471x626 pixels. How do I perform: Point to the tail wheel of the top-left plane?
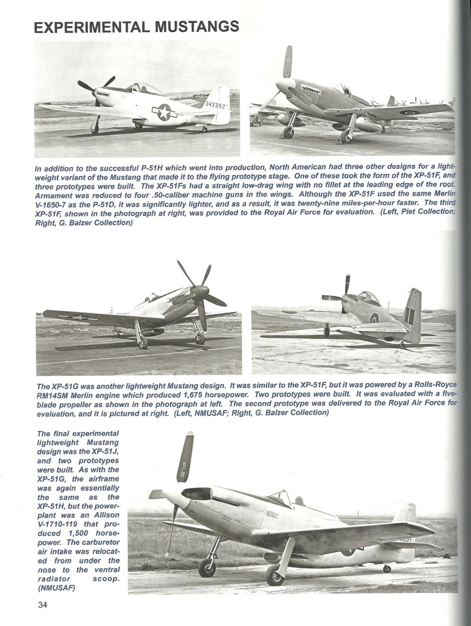tap(204, 129)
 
